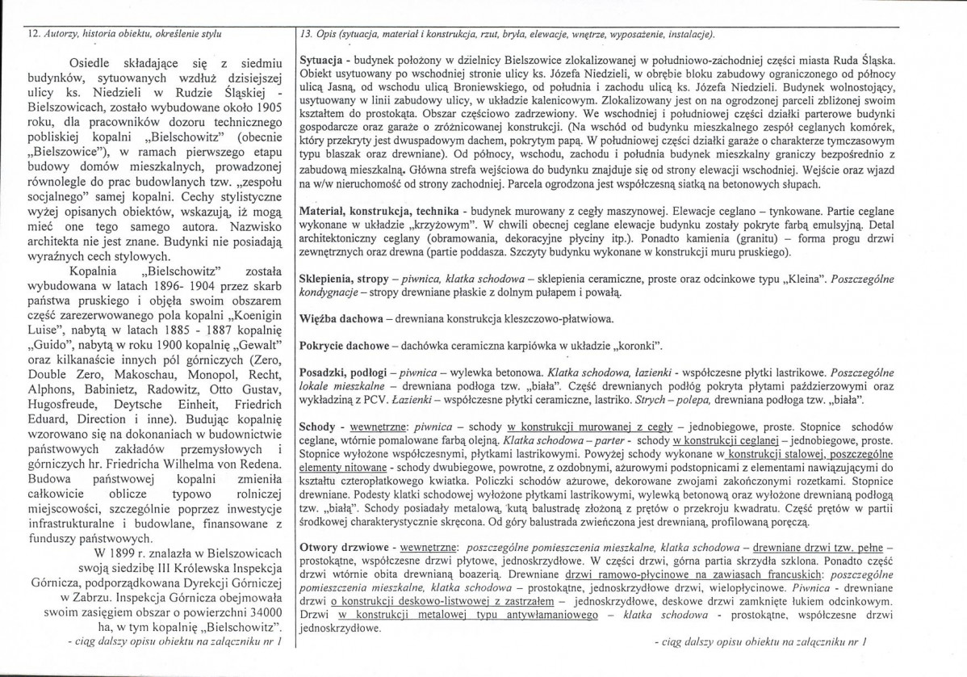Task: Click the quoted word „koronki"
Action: pyautogui.click(x=637, y=346)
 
